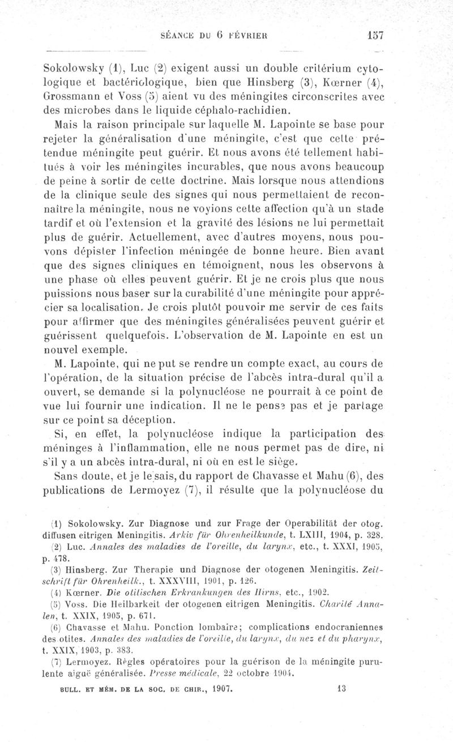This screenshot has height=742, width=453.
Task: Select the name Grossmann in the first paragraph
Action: pos(71,96)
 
